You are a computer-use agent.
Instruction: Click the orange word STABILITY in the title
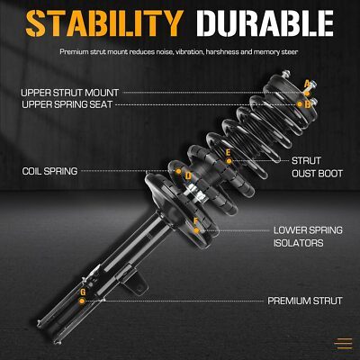click(104, 23)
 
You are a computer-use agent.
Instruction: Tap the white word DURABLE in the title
click(265, 23)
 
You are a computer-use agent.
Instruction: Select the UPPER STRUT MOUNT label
click(69, 93)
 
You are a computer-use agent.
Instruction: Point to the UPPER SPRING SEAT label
click(67, 104)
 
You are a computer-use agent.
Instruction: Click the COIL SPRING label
click(49, 171)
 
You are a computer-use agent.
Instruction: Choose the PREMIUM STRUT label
click(305, 301)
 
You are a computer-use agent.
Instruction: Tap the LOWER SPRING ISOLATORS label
click(308, 237)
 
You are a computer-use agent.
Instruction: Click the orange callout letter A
click(307, 84)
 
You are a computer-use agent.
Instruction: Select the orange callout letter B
click(307, 104)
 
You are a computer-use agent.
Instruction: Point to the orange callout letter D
click(188, 175)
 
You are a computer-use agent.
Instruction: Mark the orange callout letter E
click(229, 153)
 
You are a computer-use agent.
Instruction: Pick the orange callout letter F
click(196, 221)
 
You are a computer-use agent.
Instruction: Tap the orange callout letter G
click(83, 292)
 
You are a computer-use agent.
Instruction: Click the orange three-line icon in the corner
click(344, 343)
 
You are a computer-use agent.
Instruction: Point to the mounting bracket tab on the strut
click(136, 283)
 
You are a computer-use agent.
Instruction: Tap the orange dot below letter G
click(82, 301)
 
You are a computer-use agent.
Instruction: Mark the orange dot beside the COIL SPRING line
click(178, 171)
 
